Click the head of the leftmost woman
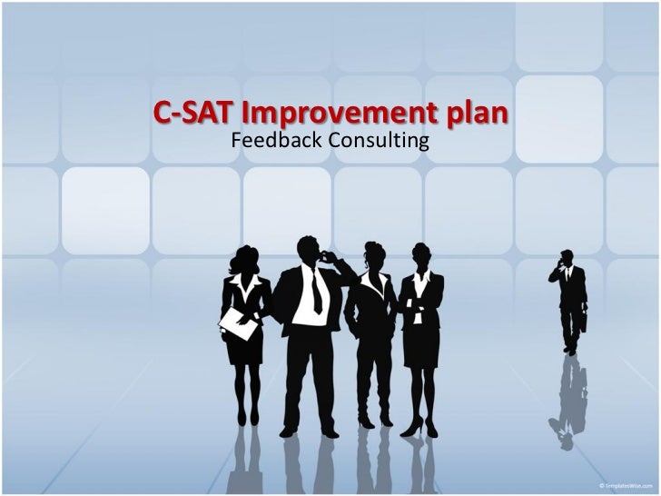[x=245, y=259]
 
